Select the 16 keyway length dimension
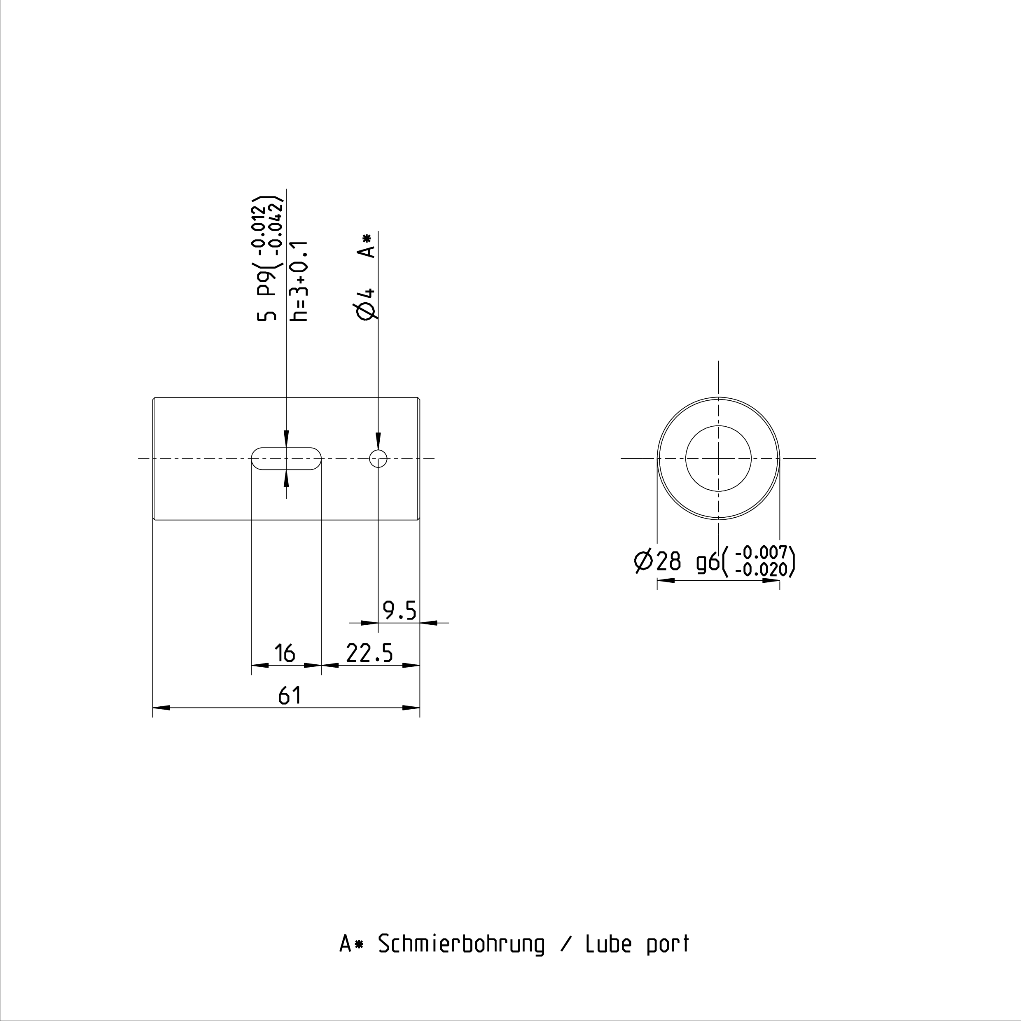pos(285,653)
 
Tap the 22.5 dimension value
pos(369,653)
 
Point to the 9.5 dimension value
pos(400,611)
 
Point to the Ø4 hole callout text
pos(367,304)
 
